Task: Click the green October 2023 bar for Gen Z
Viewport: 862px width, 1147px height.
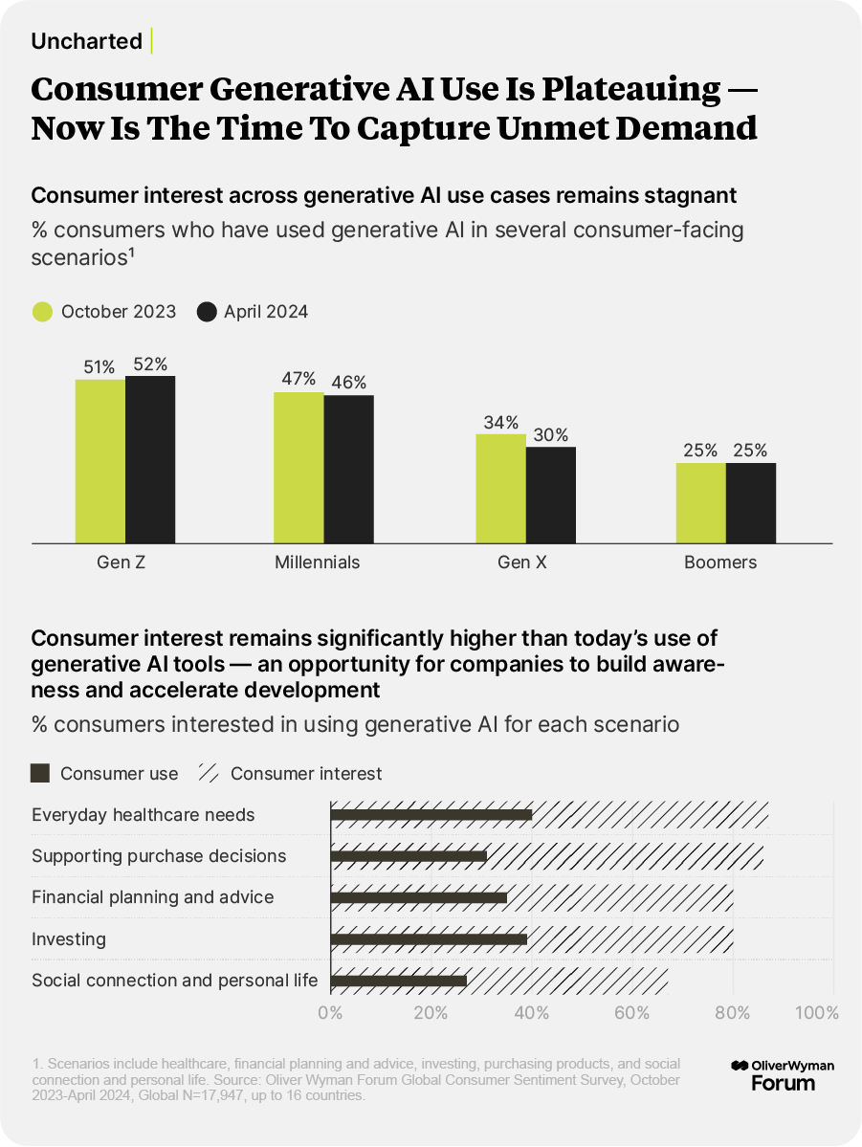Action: click(100, 461)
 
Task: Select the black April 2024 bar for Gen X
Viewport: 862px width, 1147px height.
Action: click(551, 495)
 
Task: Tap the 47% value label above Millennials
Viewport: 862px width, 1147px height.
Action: click(298, 379)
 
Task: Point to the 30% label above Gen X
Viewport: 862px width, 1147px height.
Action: click(550, 434)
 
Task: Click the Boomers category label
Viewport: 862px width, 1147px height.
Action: click(720, 562)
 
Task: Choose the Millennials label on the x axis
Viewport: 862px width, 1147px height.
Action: click(318, 562)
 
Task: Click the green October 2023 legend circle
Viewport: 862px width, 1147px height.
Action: click(42, 312)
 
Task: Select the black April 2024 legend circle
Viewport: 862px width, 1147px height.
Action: click(207, 312)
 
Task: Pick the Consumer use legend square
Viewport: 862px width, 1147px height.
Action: click(40, 773)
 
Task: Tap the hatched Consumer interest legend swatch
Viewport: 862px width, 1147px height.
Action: click(207, 773)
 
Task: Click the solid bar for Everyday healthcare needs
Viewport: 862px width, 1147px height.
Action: click(431, 815)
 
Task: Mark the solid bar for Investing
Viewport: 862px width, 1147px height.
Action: click(429, 939)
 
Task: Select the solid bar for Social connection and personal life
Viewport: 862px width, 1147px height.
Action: click(398, 981)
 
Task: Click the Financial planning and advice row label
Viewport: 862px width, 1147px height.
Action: click(153, 897)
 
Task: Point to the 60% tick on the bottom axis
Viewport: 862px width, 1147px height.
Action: click(632, 1013)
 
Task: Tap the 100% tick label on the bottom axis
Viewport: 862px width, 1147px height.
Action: click(816, 1013)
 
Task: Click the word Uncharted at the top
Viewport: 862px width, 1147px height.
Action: click(87, 41)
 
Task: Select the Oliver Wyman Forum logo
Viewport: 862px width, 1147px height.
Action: click(782, 1074)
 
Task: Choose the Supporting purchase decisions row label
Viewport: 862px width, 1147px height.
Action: click(159, 856)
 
